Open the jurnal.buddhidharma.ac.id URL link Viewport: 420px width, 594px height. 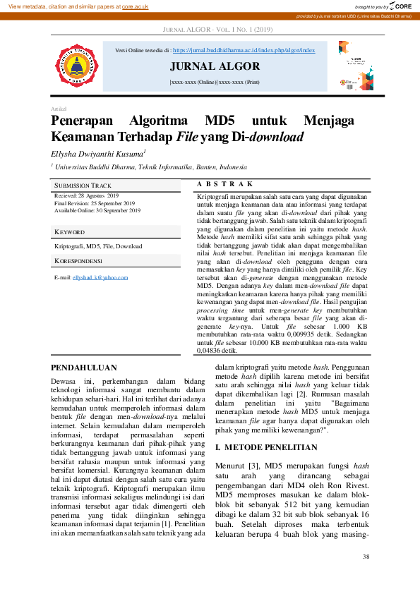[x=244, y=51]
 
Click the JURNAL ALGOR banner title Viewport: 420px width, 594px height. [x=215, y=67]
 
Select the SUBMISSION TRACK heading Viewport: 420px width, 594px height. [x=83, y=186]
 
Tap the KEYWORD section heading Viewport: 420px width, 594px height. [x=69, y=232]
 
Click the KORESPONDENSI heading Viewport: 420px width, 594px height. [x=78, y=261]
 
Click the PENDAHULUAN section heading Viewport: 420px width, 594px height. [x=83, y=368]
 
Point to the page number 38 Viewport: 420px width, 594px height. [x=365, y=557]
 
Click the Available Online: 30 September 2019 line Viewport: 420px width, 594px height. [x=97, y=210]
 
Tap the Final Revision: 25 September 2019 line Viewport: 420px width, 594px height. [x=94, y=202]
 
